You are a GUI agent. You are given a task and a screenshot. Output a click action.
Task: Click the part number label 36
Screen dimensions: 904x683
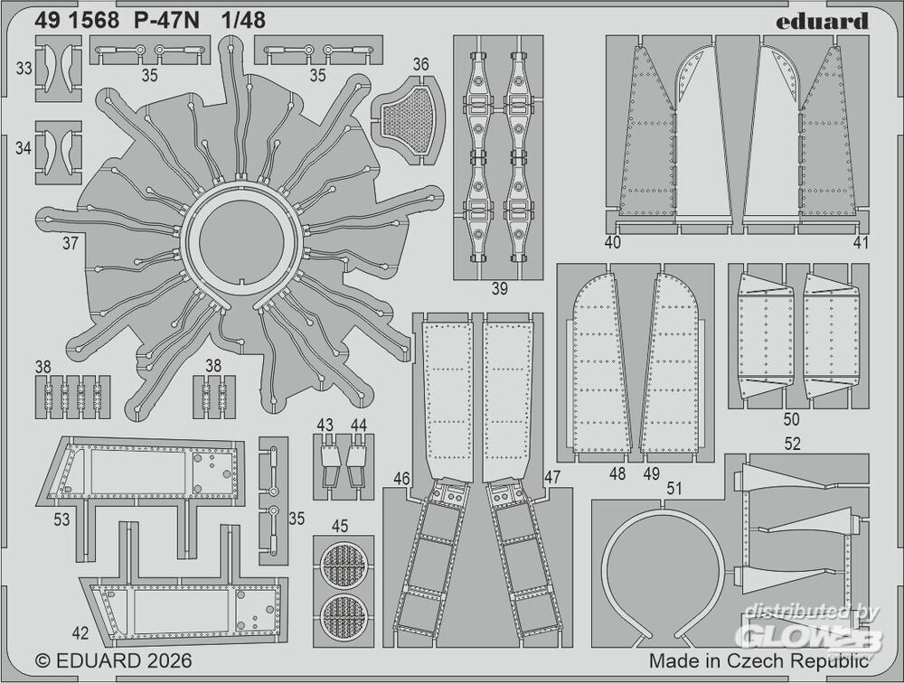click(x=421, y=64)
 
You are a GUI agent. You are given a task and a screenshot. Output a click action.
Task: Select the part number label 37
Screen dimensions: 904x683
click(x=70, y=243)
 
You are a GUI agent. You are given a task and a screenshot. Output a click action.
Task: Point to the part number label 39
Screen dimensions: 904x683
click(x=499, y=289)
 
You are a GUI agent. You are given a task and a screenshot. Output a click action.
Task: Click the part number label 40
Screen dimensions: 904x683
click(x=613, y=243)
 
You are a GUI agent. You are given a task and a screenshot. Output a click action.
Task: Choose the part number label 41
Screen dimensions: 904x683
click(x=861, y=243)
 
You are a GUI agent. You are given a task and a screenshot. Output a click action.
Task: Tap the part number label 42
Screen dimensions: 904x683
click(x=80, y=632)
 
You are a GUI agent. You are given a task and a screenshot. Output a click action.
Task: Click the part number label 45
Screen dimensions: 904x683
click(x=340, y=526)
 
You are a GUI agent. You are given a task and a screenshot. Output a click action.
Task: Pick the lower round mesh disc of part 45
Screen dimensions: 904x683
click(x=343, y=616)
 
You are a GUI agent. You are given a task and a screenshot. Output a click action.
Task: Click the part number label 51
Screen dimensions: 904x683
click(x=674, y=489)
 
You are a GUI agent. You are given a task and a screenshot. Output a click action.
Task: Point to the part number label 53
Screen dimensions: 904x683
click(x=61, y=519)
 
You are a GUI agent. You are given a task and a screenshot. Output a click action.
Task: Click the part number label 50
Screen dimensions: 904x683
click(x=792, y=418)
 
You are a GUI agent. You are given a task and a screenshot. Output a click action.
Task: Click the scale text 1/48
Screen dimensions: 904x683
click(x=242, y=21)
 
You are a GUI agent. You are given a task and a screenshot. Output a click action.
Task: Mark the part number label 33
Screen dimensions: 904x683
click(x=24, y=69)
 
